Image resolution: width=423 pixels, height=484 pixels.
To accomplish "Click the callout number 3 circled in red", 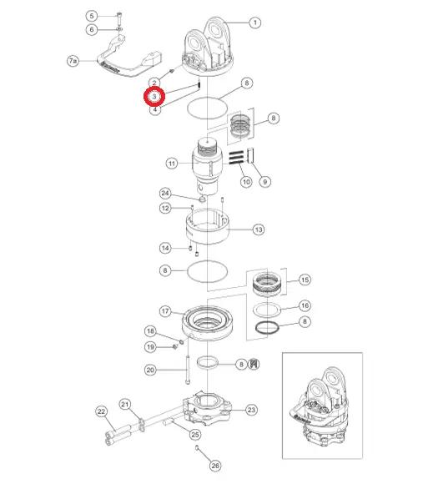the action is [154, 97].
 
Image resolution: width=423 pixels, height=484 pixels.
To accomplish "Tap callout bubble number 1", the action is [254, 23].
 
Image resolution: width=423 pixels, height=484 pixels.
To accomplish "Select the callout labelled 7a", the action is [73, 61].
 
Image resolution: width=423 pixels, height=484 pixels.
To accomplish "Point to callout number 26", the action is [215, 466].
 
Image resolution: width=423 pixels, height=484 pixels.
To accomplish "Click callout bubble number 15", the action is [305, 280].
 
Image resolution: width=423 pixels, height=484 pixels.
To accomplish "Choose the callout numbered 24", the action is [165, 194].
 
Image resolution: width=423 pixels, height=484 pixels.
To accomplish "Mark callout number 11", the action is [172, 164].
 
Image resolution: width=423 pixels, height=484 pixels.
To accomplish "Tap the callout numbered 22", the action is [102, 411].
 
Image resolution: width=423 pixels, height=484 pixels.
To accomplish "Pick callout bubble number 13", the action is [259, 229].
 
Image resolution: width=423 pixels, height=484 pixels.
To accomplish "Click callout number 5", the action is [92, 16].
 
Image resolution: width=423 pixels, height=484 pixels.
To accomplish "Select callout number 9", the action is [265, 182].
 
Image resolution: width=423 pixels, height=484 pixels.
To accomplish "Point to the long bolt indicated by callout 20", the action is [188, 370].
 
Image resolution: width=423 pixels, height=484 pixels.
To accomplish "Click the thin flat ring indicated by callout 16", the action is [267, 309].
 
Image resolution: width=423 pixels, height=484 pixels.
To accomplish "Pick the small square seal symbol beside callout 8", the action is [254, 364].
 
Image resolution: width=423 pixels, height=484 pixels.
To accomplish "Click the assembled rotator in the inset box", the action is [320, 407].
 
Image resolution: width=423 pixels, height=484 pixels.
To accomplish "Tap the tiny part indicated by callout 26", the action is [197, 447].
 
